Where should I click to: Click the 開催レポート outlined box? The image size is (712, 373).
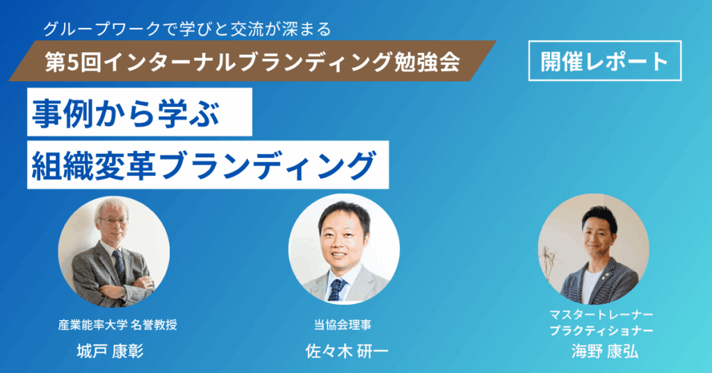(x=605, y=61)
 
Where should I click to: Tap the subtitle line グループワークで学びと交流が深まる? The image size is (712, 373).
(x=187, y=29)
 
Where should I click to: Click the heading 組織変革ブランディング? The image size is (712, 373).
(x=204, y=165)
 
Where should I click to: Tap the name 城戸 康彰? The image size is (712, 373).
(x=111, y=351)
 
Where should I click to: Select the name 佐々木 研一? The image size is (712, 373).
(x=347, y=351)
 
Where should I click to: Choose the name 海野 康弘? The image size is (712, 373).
(x=605, y=351)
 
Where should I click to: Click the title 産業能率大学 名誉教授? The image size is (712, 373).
(x=118, y=325)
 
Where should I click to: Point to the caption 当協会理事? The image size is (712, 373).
(x=342, y=325)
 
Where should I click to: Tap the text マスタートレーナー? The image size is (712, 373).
(x=601, y=315)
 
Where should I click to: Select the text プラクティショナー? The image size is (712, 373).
(x=601, y=331)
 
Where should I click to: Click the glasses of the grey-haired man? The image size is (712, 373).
(x=113, y=221)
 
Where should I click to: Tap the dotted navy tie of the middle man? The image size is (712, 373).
(x=337, y=289)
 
